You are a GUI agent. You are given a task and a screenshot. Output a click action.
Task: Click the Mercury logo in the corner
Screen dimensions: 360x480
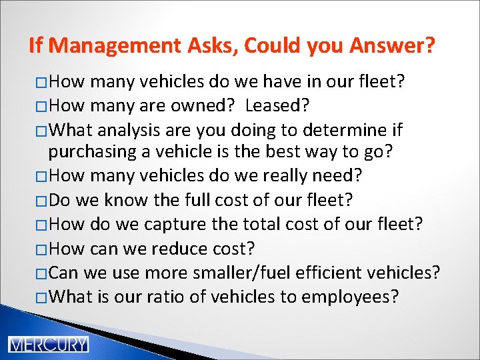pyautogui.click(x=47, y=345)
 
